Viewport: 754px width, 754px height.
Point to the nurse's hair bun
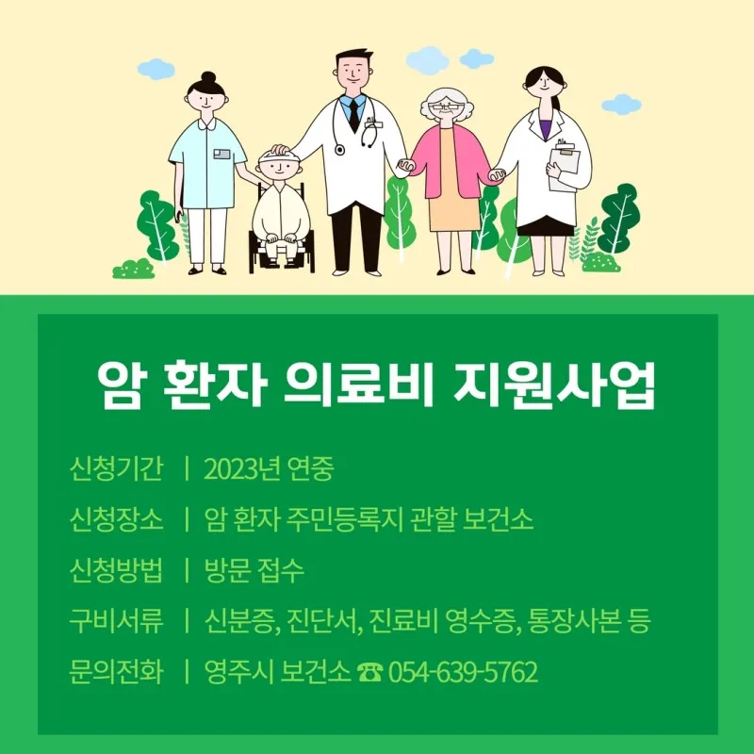[x=208, y=77]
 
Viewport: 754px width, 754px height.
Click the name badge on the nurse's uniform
[x=222, y=154]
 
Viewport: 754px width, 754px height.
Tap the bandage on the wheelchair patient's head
[x=277, y=156]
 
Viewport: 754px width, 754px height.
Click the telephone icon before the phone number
[x=369, y=672]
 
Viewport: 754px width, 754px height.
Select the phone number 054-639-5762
[x=463, y=672]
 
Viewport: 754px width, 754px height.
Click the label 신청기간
[x=116, y=468]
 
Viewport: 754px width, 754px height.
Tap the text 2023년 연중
[x=269, y=468]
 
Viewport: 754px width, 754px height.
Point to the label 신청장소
[x=116, y=519]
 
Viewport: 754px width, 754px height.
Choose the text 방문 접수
[x=254, y=570]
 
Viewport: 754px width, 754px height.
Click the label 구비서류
[x=116, y=621]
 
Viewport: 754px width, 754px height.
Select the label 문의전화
[x=116, y=672]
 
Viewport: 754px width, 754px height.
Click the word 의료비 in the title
[x=358, y=385]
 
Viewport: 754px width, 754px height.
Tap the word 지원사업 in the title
[x=554, y=385]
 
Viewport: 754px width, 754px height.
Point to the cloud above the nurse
[x=156, y=68]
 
